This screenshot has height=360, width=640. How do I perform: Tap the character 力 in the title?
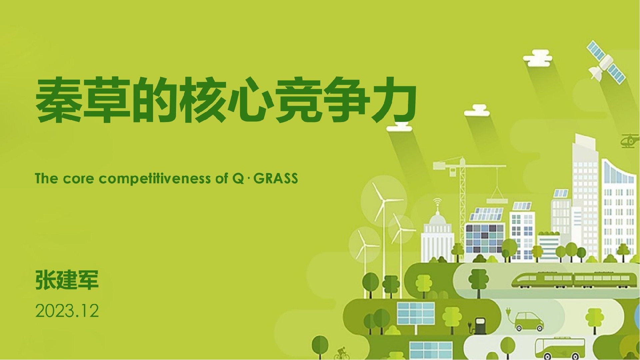(x=394, y=100)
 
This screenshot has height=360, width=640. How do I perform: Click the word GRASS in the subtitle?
(x=276, y=179)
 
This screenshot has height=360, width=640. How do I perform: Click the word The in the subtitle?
(x=46, y=179)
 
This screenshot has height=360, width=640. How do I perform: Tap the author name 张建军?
(x=67, y=280)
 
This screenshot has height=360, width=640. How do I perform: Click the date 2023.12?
(x=67, y=311)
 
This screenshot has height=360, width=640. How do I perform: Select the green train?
(x=571, y=280)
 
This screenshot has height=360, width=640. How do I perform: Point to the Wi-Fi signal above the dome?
(x=437, y=201)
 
